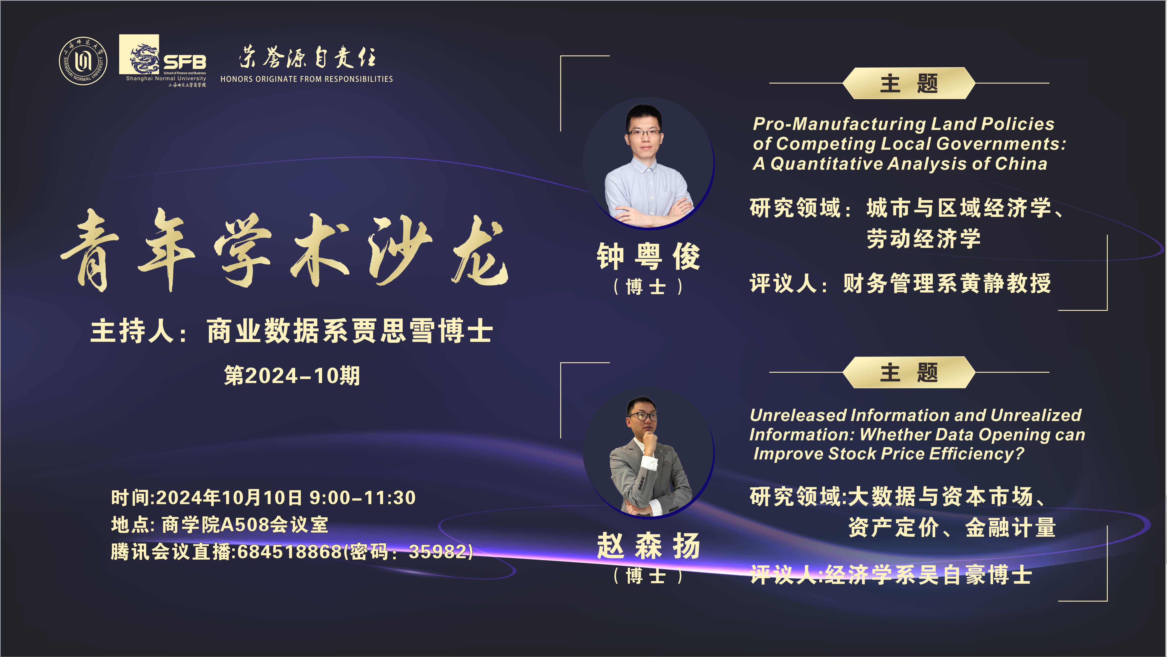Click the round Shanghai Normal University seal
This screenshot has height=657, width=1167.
pyautogui.click(x=83, y=61)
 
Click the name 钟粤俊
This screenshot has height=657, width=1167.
pyautogui.click(x=648, y=256)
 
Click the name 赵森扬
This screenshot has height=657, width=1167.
pyautogui.click(x=648, y=546)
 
